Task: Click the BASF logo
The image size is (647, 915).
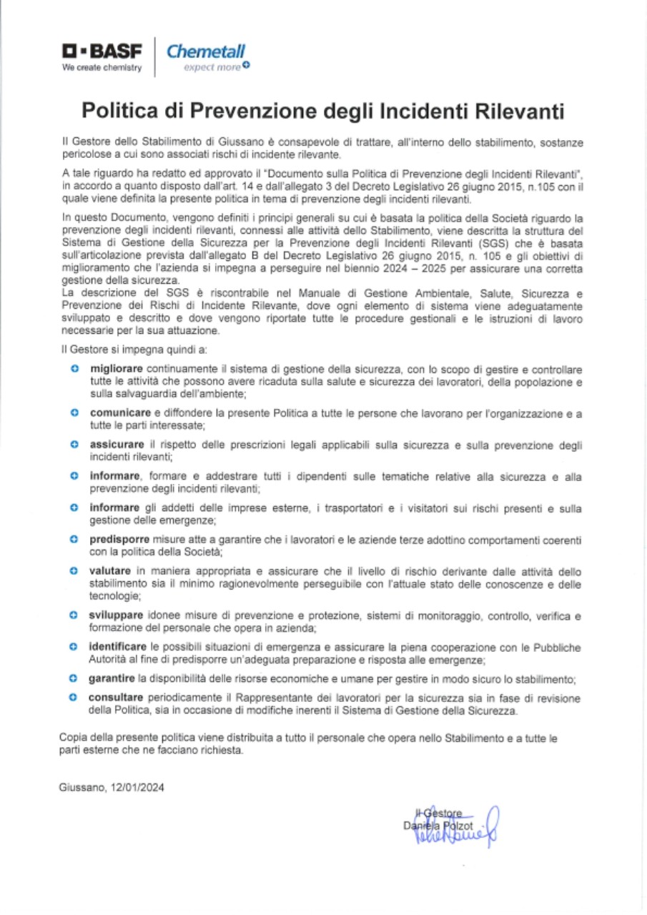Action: (102, 51)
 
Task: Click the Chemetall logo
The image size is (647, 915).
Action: (205, 51)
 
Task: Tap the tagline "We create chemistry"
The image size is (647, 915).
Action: (102, 69)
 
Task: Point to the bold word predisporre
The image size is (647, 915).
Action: (119, 538)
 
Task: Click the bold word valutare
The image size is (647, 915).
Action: (110, 570)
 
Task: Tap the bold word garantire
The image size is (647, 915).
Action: (112, 678)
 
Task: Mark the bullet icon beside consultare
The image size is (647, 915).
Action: (74, 698)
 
